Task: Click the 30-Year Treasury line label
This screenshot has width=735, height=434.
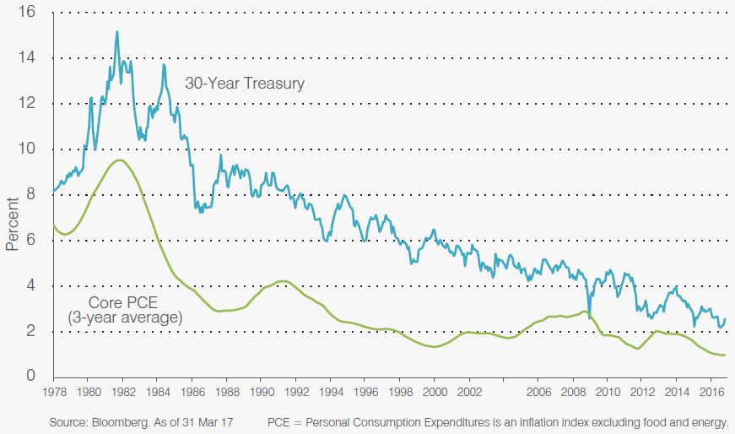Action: (245, 84)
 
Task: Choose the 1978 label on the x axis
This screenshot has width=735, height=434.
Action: (53, 392)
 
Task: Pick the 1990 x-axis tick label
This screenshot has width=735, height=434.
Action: (261, 392)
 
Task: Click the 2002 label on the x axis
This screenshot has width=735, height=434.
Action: (469, 392)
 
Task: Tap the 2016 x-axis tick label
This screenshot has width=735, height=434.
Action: (711, 392)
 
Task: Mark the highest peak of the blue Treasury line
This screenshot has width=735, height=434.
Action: (117, 32)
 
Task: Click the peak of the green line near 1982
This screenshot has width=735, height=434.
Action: (121, 160)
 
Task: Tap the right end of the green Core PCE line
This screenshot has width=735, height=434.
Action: (725, 355)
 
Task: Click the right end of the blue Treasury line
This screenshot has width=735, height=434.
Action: (725, 318)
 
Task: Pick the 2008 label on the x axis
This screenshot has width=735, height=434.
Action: (573, 392)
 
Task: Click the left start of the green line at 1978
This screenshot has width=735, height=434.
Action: (53, 225)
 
